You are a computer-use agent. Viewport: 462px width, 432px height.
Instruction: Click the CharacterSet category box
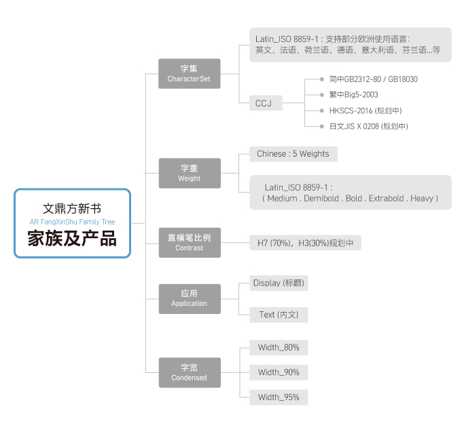click(189, 73)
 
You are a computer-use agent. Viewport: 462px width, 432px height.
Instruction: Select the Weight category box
click(190, 173)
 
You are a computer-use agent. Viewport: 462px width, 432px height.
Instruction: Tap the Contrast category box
click(190, 243)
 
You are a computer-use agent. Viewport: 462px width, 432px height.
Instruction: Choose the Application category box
click(190, 299)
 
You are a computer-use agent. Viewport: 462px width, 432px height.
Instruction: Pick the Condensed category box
click(190, 372)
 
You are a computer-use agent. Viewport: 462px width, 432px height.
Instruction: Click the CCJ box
click(266, 103)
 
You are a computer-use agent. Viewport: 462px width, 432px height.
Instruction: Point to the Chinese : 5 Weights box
click(294, 154)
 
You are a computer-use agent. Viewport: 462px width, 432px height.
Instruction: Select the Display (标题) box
click(279, 283)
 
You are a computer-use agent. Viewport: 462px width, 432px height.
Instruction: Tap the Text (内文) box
click(279, 315)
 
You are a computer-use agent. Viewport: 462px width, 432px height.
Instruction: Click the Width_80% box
click(279, 347)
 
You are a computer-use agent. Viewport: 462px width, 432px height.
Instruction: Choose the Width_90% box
click(279, 372)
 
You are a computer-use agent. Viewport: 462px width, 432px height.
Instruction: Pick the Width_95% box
click(279, 397)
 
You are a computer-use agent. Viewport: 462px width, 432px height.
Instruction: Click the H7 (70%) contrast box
click(305, 243)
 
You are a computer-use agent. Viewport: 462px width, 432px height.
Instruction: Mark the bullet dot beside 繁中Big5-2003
click(322, 95)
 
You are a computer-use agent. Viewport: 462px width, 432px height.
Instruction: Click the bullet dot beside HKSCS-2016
click(322, 111)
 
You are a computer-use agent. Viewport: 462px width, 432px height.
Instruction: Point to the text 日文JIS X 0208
click(354, 126)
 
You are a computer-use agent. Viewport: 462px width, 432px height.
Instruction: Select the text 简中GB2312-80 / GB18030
click(373, 79)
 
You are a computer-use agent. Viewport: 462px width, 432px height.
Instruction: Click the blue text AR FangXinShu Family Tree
click(72, 222)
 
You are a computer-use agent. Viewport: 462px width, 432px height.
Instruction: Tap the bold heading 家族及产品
click(72, 238)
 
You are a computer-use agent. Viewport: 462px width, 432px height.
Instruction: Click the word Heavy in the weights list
click(422, 199)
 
